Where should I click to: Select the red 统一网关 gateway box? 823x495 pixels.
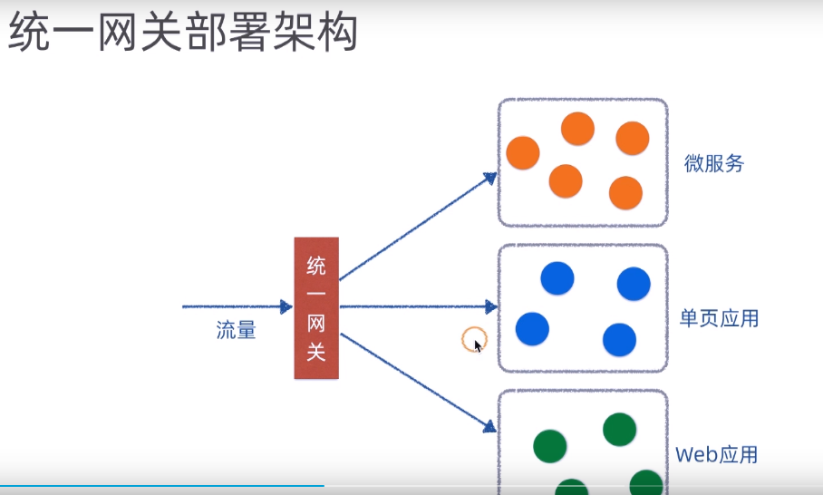[x=316, y=307]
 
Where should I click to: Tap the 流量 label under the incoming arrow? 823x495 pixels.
[x=236, y=331]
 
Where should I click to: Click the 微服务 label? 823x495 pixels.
[x=714, y=163]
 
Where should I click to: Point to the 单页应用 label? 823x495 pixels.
[x=719, y=318]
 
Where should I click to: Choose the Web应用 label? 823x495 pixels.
[x=716, y=454]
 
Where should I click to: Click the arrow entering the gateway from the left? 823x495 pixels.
[x=236, y=307]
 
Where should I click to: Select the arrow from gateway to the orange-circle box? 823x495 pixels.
[x=417, y=226]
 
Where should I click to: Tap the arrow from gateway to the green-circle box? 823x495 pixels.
[x=417, y=381]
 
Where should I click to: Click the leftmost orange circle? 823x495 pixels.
[x=523, y=152]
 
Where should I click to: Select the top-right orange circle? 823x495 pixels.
[x=633, y=138]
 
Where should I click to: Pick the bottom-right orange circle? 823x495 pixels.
[x=625, y=193]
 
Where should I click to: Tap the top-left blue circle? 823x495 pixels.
[x=557, y=278]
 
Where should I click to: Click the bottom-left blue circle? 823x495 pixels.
[x=532, y=328]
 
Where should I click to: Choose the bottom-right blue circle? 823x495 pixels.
[x=619, y=339]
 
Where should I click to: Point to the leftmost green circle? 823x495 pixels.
[x=549, y=445]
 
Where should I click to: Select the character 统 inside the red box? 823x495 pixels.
[x=316, y=265]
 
